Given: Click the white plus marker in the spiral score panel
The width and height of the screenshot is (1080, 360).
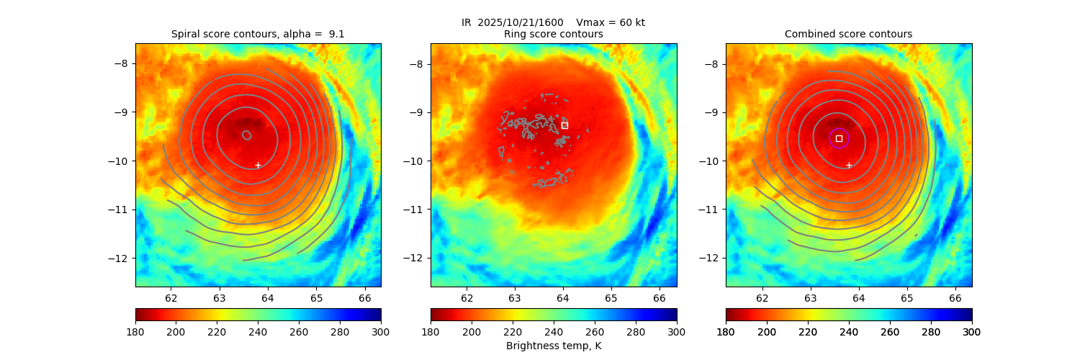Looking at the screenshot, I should click(258, 165).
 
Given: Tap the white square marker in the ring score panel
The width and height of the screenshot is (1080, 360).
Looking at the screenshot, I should click(564, 125).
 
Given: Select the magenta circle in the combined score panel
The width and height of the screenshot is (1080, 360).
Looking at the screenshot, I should click(839, 138).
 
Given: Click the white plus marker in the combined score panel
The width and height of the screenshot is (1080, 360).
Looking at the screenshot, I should click(849, 165).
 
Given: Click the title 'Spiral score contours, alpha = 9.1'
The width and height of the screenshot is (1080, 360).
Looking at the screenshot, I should click(258, 34).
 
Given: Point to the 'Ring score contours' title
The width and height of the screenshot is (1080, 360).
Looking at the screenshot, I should click(553, 34).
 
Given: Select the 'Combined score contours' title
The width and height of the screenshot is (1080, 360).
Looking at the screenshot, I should click(848, 34).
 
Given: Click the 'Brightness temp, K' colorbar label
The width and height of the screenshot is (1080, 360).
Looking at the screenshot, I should click(553, 346).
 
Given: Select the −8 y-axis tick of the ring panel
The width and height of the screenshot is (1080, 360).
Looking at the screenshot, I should click(418, 63).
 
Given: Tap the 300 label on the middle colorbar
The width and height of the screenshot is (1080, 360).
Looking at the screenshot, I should click(676, 331).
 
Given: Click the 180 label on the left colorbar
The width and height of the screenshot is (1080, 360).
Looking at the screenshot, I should click(136, 331).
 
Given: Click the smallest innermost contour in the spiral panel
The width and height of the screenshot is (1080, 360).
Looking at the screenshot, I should click(247, 135).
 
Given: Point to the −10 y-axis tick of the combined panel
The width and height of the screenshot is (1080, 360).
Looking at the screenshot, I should click(714, 161).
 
